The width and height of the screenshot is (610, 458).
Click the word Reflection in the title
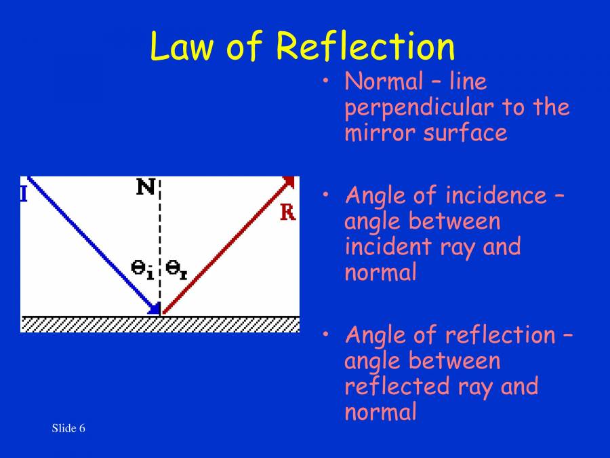(365, 46)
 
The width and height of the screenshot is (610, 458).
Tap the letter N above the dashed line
(146, 186)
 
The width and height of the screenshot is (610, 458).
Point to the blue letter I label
(24, 195)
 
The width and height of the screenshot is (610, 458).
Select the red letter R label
(288, 212)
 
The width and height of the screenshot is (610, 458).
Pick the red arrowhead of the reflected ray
(289, 181)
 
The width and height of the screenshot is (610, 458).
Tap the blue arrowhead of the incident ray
(155, 310)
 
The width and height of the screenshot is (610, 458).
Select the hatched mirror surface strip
(160, 324)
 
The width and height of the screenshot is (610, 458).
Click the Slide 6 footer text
(68, 428)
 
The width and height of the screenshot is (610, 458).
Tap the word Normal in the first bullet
(384, 82)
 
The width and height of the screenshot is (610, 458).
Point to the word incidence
(494, 196)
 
